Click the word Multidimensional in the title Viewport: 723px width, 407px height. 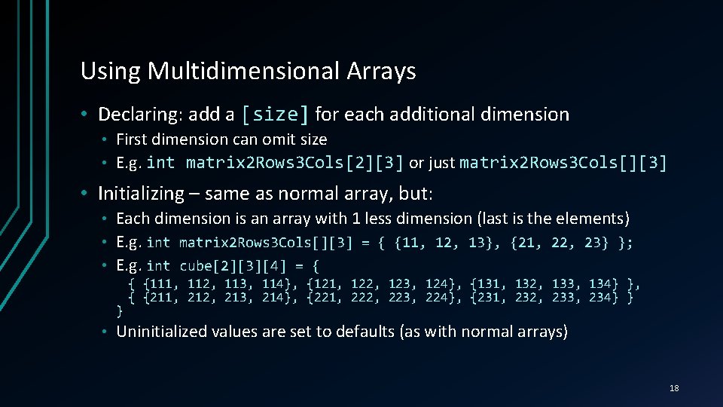click(244, 71)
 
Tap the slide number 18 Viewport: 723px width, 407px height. click(673, 388)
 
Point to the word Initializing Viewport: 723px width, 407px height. click(141, 194)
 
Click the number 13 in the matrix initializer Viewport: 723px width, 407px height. click(478, 242)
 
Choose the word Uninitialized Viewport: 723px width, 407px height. click(163, 332)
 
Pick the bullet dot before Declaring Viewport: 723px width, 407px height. click(87, 115)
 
